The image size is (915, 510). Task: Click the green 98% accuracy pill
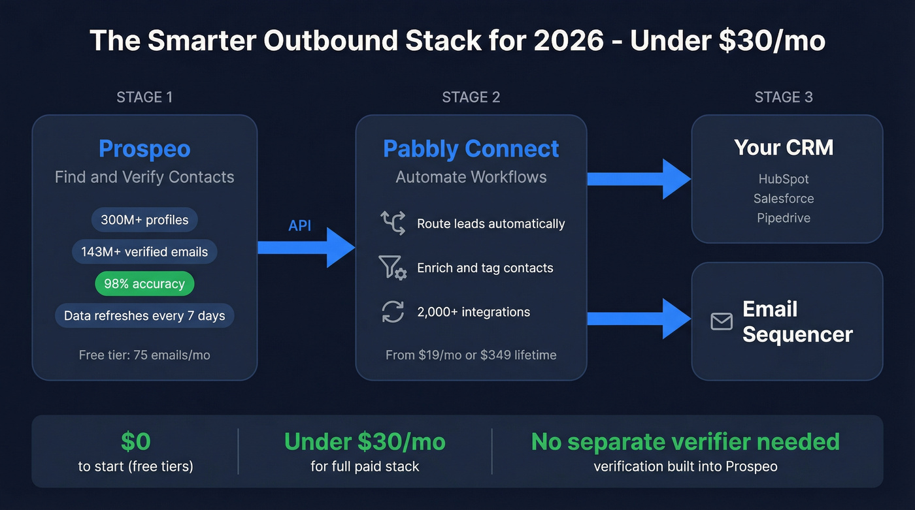click(144, 284)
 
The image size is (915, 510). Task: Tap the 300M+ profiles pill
click(144, 220)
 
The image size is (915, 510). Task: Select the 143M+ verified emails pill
click(144, 252)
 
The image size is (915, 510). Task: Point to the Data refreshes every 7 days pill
click(144, 316)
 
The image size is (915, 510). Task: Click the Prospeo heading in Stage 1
click(144, 149)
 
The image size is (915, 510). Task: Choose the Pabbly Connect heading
click(471, 149)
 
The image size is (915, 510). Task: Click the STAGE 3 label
click(784, 97)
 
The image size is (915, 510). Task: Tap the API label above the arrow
click(300, 226)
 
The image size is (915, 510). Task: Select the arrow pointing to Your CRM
click(639, 178)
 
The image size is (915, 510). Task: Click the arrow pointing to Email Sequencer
click(639, 319)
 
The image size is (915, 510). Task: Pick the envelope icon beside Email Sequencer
click(722, 321)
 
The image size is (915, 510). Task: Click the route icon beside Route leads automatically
click(393, 223)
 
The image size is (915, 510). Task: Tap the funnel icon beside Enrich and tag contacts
click(393, 268)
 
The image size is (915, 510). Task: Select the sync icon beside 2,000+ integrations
click(393, 311)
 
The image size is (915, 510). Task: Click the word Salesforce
click(784, 199)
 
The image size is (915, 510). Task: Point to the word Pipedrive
click(784, 218)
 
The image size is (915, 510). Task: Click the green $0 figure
click(136, 442)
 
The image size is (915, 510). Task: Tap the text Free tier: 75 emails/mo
click(144, 355)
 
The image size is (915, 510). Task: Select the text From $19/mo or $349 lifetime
click(471, 355)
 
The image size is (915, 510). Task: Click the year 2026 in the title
click(569, 40)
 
